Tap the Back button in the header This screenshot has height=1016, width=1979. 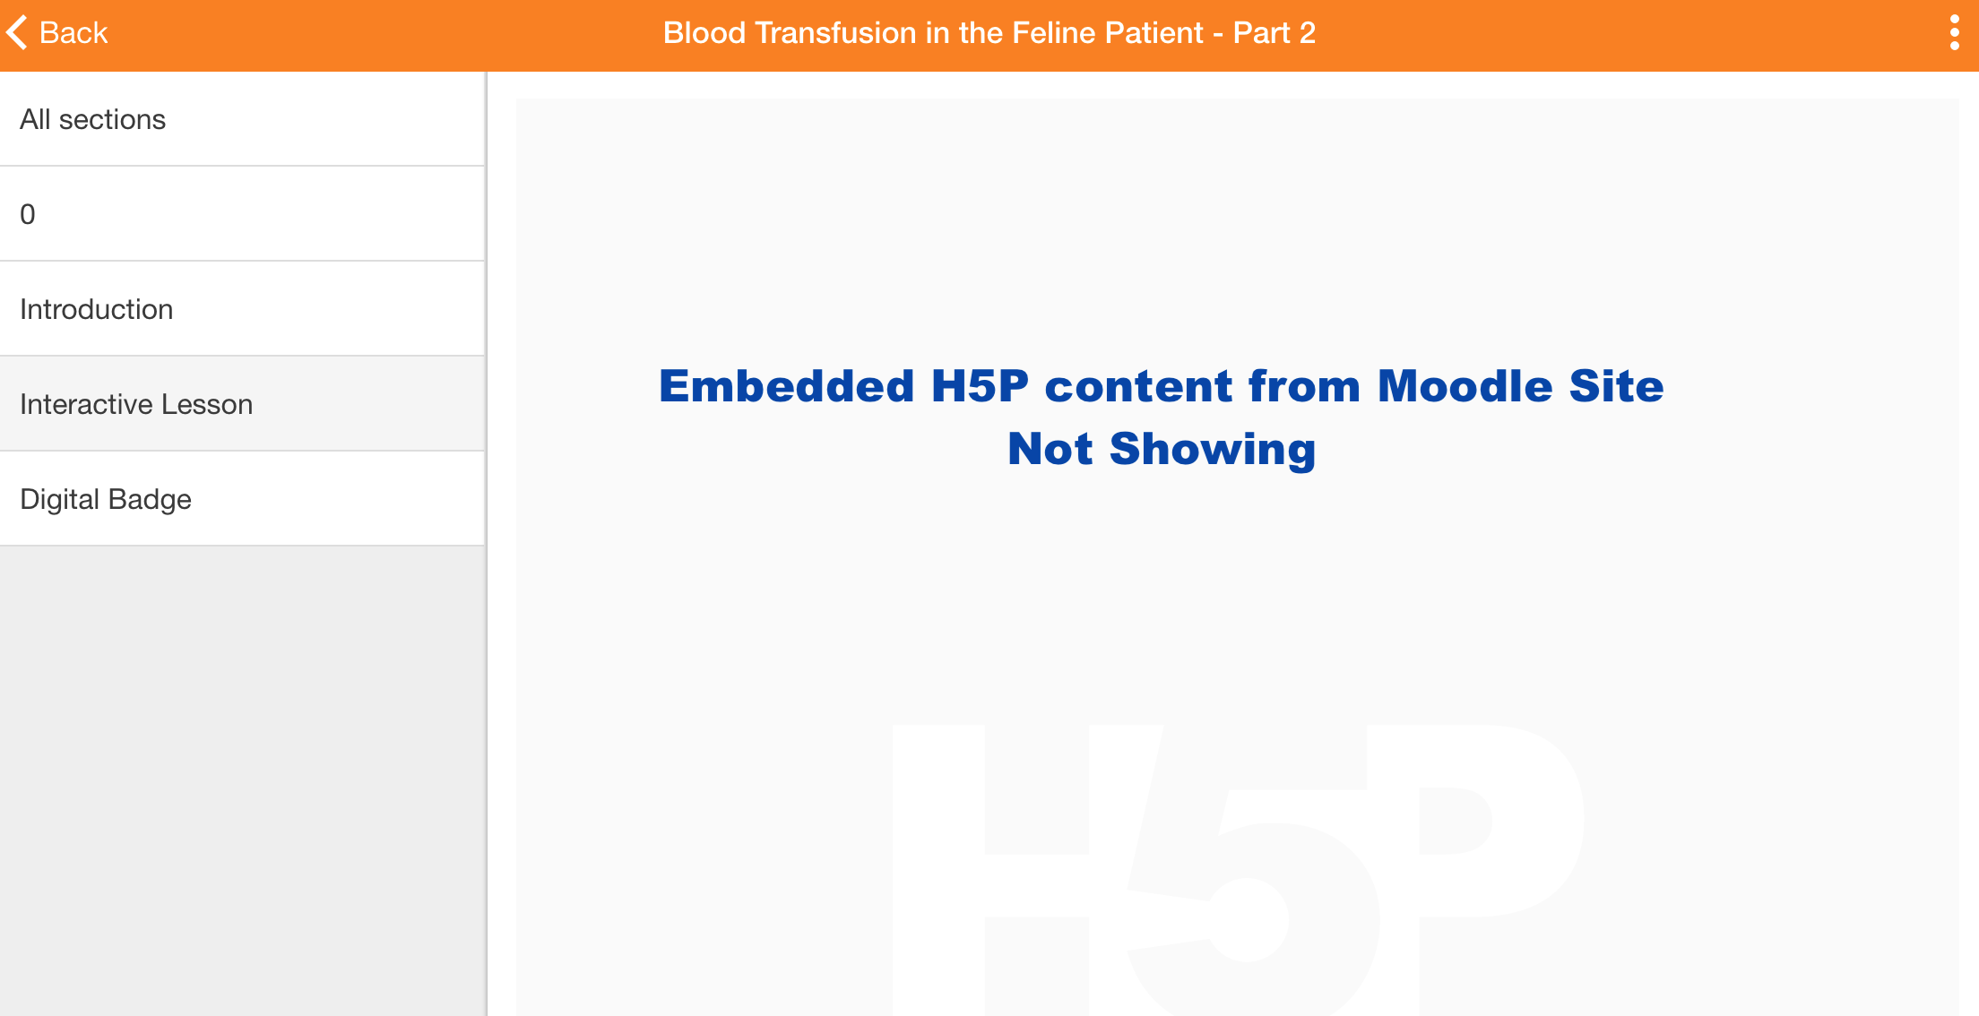(56, 33)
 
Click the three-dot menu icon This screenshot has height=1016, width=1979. (1955, 33)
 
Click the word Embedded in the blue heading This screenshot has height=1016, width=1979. (787, 386)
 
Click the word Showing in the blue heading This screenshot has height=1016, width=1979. (1213, 449)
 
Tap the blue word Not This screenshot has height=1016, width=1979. (1050, 449)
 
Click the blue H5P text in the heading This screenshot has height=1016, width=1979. (980, 386)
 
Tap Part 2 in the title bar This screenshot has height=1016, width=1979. (1275, 33)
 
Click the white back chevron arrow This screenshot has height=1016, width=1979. (16, 33)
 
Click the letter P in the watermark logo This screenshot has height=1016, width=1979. (1474, 860)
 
